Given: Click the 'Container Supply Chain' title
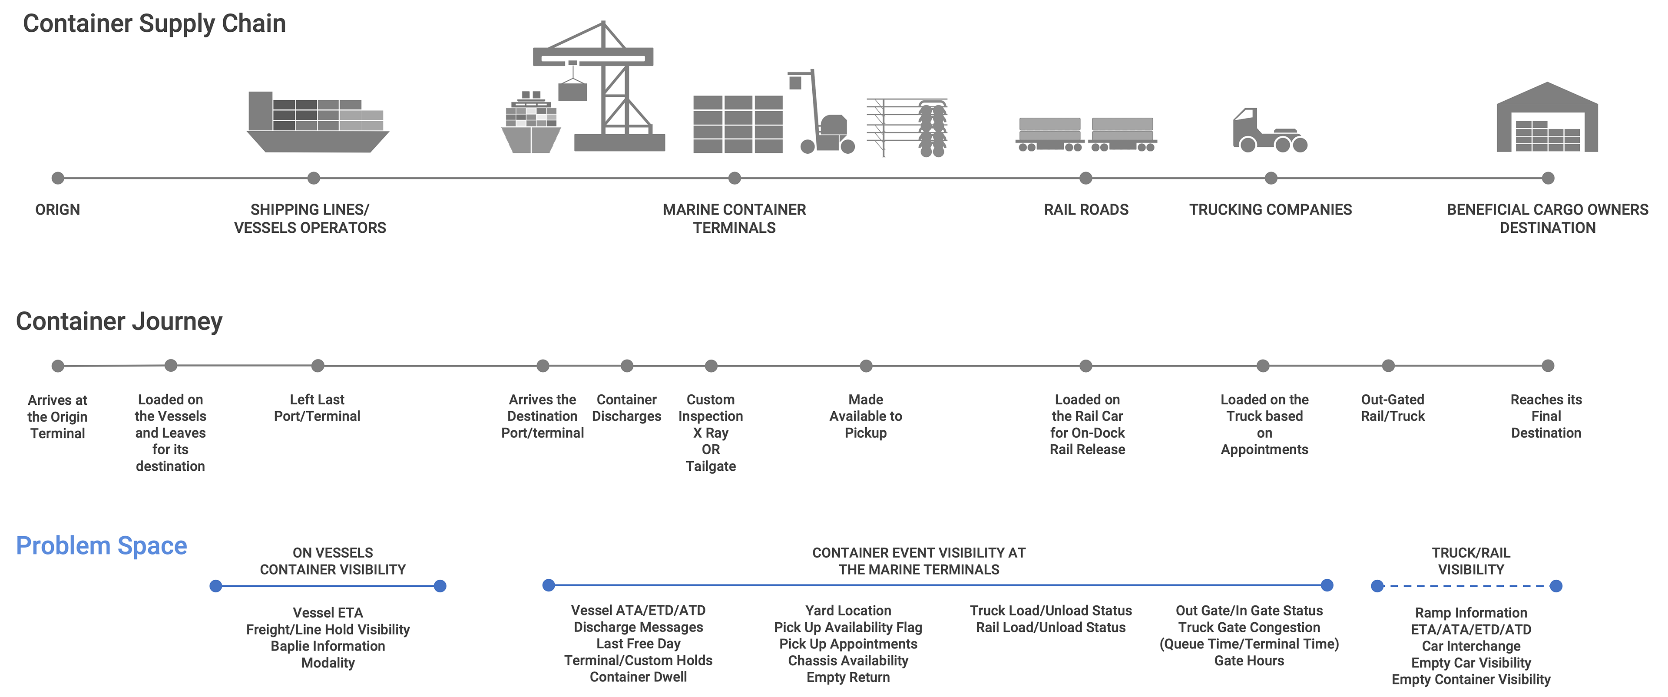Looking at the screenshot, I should point(154,24).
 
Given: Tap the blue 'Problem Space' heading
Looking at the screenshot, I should point(101,545).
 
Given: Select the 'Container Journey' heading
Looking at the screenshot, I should point(119,321).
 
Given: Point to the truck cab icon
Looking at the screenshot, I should point(1270,132).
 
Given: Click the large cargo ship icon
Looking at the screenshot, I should point(317,123).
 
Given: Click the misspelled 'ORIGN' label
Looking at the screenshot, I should point(58,210).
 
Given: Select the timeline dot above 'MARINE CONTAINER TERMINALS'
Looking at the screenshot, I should point(734,178).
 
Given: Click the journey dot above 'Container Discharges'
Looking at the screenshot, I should point(627,366).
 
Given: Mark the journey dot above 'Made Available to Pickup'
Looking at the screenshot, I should point(866,366).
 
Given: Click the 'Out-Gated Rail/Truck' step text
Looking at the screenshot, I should point(1392,408).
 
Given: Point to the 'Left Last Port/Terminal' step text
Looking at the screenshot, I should point(317,408).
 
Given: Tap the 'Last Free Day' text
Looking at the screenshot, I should point(638,644).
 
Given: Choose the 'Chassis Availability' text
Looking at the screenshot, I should point(847,661).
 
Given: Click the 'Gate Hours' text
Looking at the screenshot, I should point(1248,661).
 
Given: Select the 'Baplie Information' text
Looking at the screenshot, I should point(328,646).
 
